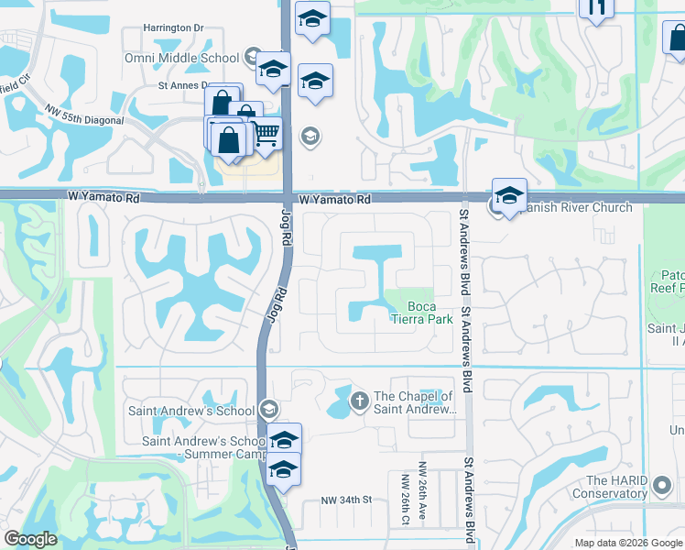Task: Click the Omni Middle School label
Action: [x=181, y=58]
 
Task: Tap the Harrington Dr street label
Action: [x=172, y=28]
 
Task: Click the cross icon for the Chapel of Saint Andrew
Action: [x=359, y=400]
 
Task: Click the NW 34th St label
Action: [x=345, y=500]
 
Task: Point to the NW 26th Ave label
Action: [x=424, y=503]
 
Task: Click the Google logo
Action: [x=30, y=539]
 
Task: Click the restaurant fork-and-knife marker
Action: [x=596, y=7]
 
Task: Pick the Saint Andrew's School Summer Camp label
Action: [x=201, y=447]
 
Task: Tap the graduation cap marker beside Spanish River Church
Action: [x=509, y=196]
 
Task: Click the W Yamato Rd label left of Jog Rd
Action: [x=103, y=197]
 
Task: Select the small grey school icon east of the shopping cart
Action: [x=310, y=137]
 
